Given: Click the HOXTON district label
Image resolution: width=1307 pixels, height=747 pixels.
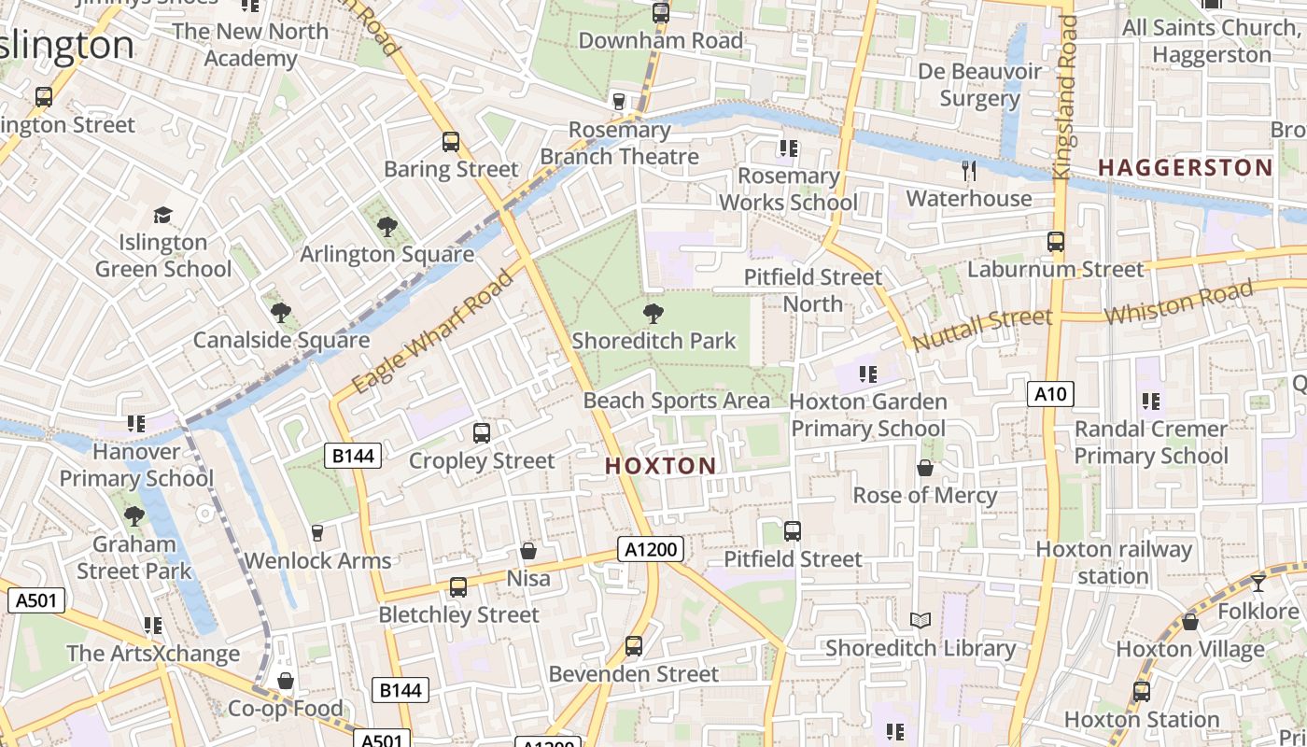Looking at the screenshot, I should pos(661,465).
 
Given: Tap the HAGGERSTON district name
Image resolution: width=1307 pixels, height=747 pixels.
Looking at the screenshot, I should pos(1185,168).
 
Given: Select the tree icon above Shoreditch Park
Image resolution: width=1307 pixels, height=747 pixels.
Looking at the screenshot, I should pos(653,314).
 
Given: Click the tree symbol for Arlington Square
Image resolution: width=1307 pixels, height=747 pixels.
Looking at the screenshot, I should pos(386,226).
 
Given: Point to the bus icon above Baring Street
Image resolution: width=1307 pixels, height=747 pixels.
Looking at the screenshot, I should pos(451,142).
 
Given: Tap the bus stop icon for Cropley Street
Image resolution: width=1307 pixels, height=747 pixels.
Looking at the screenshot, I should pos(482,433).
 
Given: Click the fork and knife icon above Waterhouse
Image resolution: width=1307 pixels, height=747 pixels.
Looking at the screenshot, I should pos(969,171).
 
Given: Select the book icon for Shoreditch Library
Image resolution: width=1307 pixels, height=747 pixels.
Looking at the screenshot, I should pos(921,621).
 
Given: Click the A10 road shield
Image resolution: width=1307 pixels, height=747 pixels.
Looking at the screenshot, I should pos(1050,394).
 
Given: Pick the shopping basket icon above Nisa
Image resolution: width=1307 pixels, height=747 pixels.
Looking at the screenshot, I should pos(528,552).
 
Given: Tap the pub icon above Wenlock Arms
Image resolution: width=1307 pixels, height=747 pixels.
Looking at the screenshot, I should pos(317,533).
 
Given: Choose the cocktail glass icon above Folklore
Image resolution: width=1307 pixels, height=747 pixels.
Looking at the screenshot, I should pos(1258,584).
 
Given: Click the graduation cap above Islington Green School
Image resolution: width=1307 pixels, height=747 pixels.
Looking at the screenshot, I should pos(163,216).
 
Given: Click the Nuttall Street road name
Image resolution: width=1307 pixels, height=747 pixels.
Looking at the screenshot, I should pos(982,329).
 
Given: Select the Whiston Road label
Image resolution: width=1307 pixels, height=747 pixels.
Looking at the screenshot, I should pos(1177,303).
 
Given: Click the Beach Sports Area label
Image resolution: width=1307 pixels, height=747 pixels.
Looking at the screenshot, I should pos(677,401).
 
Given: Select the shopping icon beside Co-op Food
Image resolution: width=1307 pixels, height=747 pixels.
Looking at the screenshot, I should pos(286,682).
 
